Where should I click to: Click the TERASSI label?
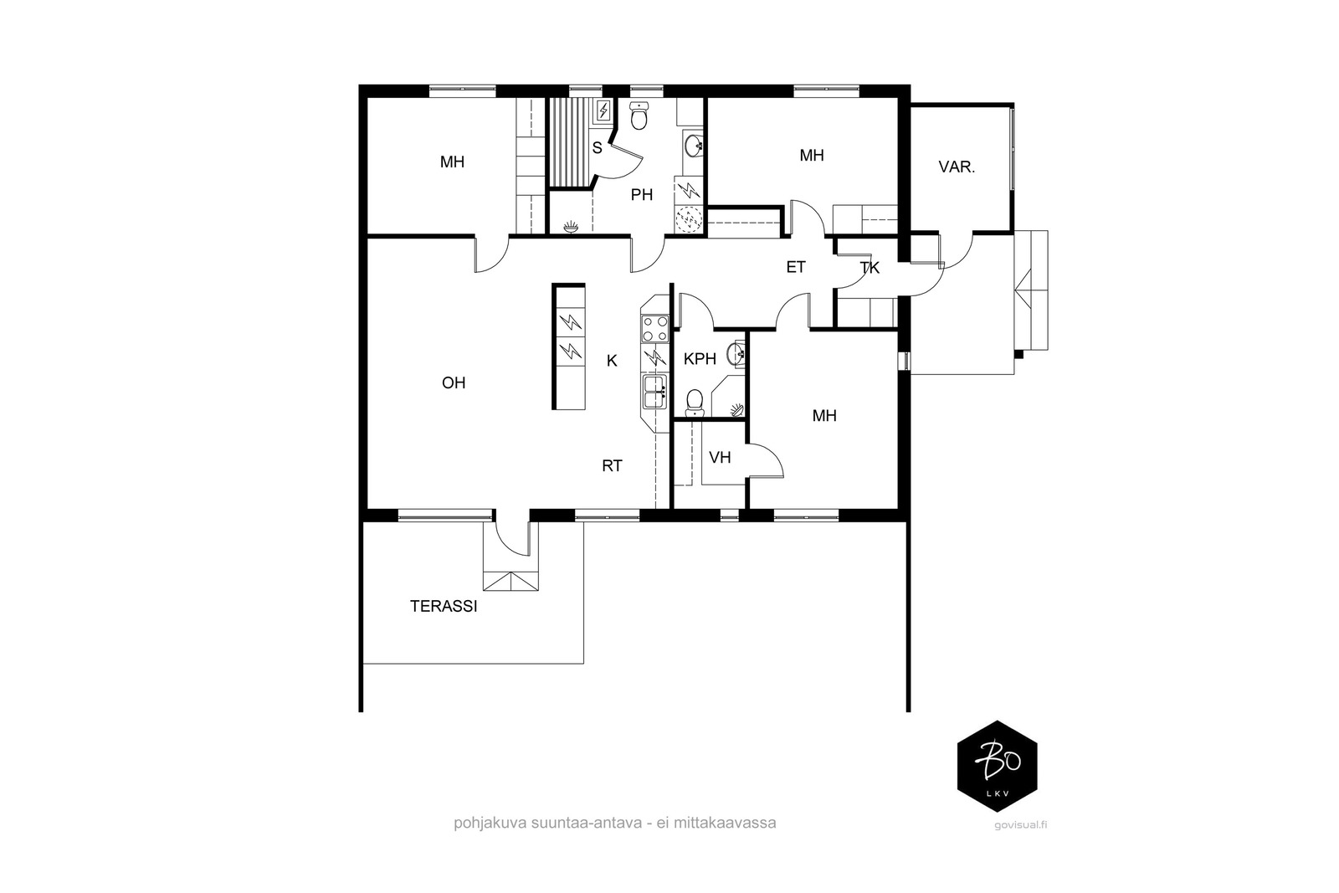point(444,606)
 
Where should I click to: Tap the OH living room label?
point(453,382)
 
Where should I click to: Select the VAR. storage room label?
point(957,167)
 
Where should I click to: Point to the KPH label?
point(700,359)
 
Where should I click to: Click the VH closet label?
point(720,457)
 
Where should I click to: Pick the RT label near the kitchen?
point(612,465)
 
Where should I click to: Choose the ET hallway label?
point(796,267)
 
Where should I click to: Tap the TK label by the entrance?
point(870,268)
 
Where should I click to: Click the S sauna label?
point(598,147)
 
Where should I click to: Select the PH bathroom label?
point(641,194)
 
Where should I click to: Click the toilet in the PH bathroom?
point(639,115)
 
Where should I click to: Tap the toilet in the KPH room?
point(695,403)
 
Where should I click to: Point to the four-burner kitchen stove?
point(654,328)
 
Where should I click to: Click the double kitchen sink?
point(654,393)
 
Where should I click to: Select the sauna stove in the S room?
point(603,110)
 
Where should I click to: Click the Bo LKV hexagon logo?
point(997,766)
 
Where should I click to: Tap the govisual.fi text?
point(1021,825)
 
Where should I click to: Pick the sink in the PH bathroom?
point(694,146)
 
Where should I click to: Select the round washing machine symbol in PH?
point(690,219)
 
